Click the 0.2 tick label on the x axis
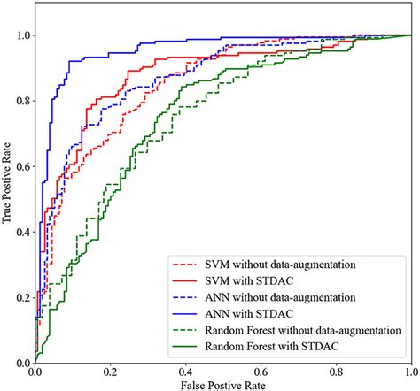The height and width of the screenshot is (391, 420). tap(110, 374)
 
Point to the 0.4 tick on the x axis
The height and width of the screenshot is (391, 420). tap(185, 374)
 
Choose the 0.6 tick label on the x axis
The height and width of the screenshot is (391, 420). tap(261, 374)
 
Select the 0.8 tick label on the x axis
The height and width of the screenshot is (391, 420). tap(336, 374)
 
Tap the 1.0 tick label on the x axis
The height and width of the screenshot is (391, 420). tap(409, 374)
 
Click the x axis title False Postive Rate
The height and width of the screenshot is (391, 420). tap(222, 386)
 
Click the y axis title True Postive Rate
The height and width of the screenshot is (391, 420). tap(7, 199)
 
